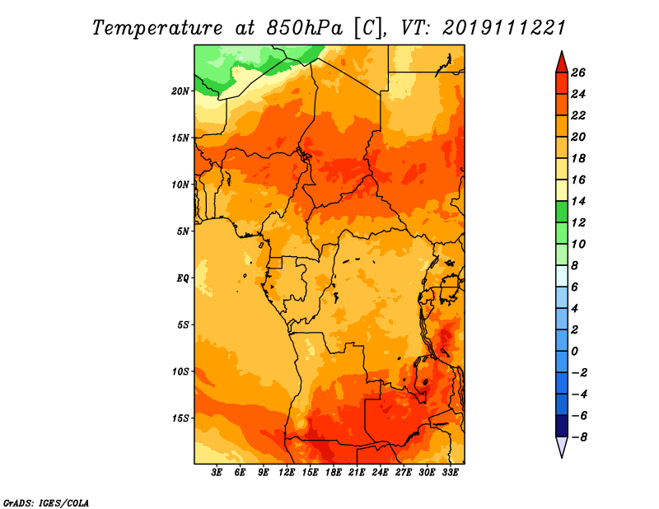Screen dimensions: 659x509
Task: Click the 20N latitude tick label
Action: click(x=180, y=91)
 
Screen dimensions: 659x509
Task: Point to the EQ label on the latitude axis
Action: click(x=183, y=278)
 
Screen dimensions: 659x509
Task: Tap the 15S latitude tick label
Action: click(x=180, y=418)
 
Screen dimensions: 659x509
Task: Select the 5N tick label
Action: click(x=183, y=231)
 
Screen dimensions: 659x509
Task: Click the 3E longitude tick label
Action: click(x=217, y=473)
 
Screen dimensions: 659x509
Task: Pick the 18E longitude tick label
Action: click(x=334, y=473)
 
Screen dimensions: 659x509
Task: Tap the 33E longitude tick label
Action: click(x=450, y=473)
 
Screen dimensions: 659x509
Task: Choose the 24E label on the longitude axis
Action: click(x=380, y=473)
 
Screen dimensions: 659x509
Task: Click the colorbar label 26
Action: click(x=578, y=73)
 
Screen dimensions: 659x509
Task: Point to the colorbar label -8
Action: click(x=579, y=437)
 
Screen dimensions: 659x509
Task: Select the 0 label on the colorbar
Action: click(x=574, y=352)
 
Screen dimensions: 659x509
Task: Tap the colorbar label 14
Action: click(x=578, y=201)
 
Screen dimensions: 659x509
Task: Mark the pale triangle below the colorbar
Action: click(x=562, y=446)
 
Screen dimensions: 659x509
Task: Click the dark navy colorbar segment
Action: click(x=562, y=426)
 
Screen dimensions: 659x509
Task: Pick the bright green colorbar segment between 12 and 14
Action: click(x=562, y=212)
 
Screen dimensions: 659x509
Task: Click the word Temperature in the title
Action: click(x=157, y=28)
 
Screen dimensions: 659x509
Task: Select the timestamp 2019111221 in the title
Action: click(x=504, y=28)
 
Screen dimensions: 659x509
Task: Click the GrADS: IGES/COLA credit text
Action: click(x=46, y=503)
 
